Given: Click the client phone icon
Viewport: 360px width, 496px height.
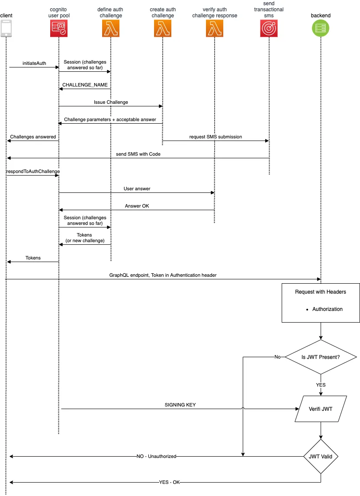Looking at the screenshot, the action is click(6, 28).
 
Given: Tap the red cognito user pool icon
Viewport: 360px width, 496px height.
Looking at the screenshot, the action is click(59, 28).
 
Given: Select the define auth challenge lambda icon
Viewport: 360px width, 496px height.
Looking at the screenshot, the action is click(111, 28).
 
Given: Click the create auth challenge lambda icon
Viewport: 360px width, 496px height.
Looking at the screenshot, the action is click(163, 28).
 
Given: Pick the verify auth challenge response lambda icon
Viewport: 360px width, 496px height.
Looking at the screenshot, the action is click(215, 28).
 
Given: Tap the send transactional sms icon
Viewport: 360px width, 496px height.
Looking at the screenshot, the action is click(269, 28).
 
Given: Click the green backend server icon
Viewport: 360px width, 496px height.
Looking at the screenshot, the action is click(321, 28).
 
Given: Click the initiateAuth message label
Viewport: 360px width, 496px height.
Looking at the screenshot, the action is click(34, 63).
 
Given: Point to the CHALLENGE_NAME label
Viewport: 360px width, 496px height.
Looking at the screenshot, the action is click(85, 85).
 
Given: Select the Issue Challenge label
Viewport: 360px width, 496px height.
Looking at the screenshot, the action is click(111, 102).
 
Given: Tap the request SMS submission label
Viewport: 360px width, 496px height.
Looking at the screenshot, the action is click(215, 137).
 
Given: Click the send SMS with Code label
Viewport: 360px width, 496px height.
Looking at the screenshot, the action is click(138, 154).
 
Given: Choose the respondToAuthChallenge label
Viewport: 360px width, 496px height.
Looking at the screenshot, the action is click(33, 171).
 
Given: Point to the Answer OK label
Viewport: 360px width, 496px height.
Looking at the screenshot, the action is click(137, 206).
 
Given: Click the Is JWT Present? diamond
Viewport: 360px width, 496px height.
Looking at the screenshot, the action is click(321, 357).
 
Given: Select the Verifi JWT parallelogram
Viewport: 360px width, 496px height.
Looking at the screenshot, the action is click(321, 409).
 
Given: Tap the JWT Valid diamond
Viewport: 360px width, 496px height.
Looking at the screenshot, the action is click(321, 457).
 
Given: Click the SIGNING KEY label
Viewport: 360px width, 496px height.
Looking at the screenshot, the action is click(180, 405).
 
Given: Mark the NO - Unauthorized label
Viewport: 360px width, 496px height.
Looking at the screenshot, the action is click(156, 457).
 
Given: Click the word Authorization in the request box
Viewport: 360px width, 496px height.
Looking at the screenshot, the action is click(328, 309).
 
